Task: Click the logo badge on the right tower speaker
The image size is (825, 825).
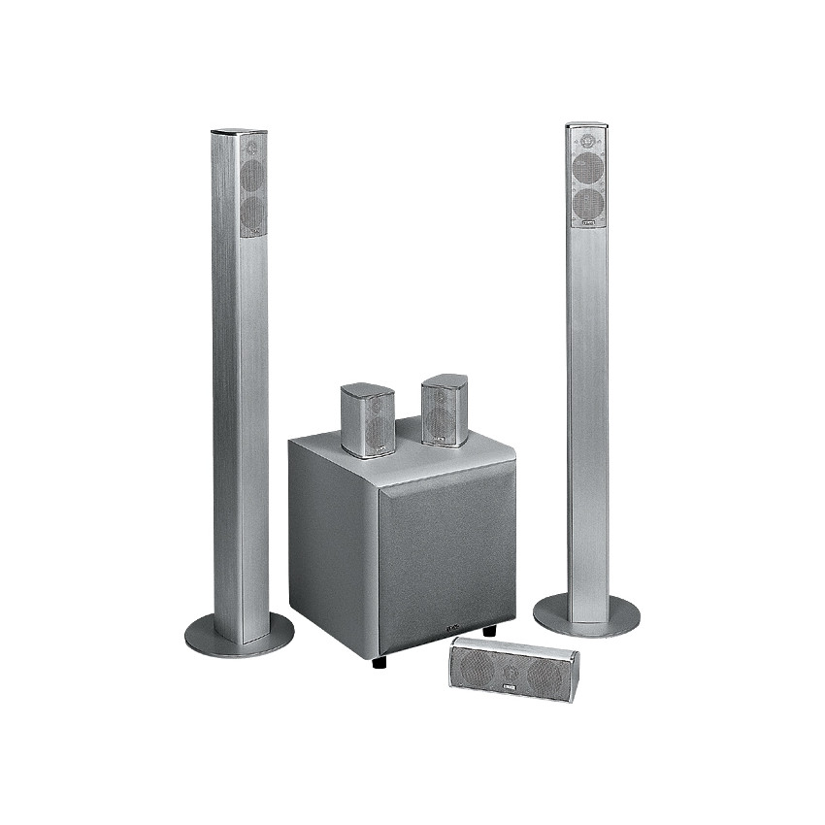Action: (588, 222)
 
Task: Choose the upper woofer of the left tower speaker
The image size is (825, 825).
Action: (252, 176)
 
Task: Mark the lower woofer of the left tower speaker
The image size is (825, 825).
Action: (252, 211)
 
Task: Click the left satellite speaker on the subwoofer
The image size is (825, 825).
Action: (367, 419)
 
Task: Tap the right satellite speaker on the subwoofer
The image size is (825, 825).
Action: (445, 410)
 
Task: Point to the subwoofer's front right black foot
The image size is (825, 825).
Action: (487, 632)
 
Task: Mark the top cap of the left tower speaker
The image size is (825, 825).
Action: (240, 131)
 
